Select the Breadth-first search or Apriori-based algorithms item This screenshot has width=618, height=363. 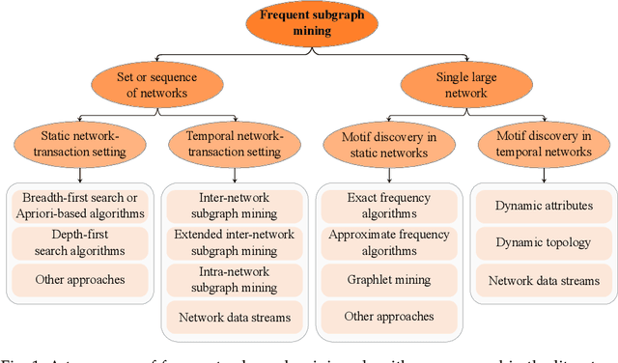pos(81,206)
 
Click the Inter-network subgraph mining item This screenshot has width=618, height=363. pos(233,206)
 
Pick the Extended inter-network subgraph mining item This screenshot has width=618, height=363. pos(233,242)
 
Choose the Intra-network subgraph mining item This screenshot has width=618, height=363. pos(233,279)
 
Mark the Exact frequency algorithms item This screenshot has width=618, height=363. pos(387,206)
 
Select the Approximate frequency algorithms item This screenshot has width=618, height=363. pos(387,242)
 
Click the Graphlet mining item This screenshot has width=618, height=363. pos(387,279)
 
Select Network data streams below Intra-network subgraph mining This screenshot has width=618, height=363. pos(233,316)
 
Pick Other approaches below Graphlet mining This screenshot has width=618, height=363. pos(387,316)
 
